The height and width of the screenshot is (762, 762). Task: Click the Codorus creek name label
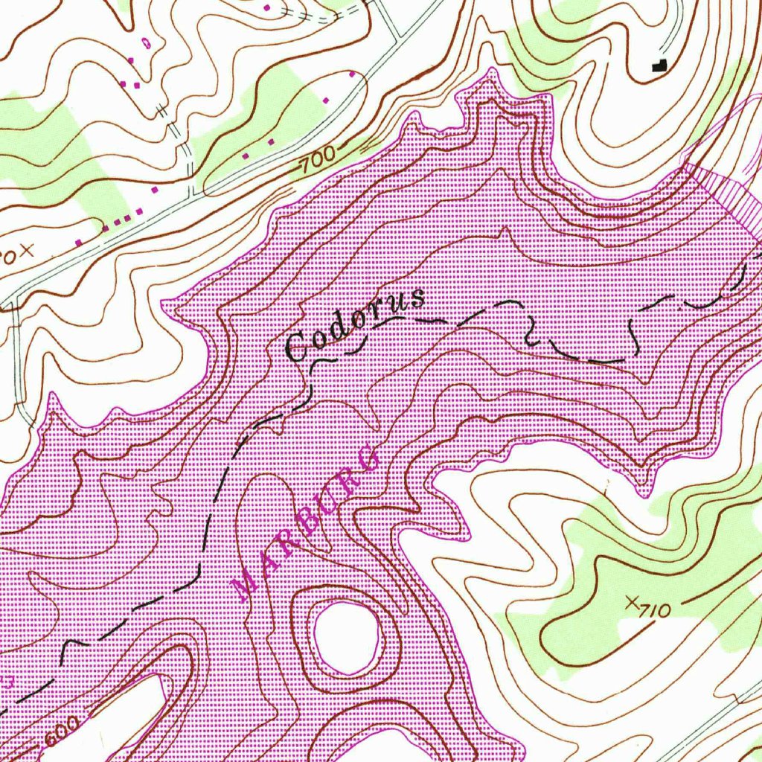coord(356,324)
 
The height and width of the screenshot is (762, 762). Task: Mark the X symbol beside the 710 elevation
coord(633,601)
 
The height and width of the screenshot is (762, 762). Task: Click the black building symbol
coord(658,65)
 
